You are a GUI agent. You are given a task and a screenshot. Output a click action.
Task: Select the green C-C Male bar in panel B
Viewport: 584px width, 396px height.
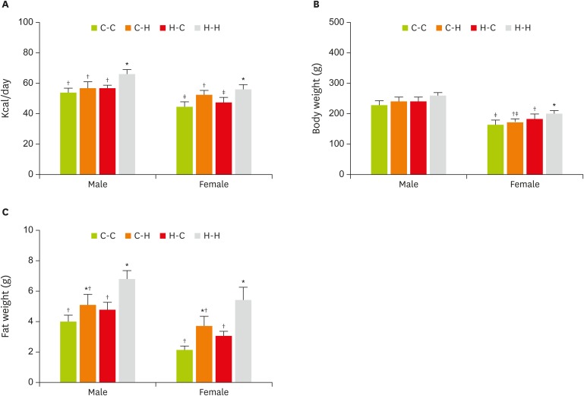tap(379, 140)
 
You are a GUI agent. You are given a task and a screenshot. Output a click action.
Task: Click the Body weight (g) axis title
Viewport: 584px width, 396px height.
tap(317, 98)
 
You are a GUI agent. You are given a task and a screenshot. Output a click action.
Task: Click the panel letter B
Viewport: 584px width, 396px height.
tap(316, 6)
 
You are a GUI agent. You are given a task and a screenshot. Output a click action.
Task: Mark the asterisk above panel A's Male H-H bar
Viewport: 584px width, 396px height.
tap(127, 65)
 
